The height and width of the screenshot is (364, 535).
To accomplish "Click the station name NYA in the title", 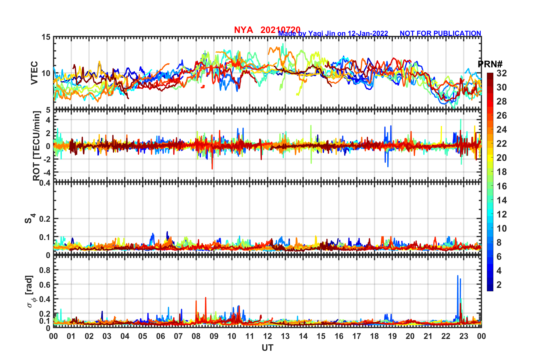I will pyautogui.click(x=243, y=30).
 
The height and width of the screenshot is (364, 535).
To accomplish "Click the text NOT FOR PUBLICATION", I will pyautogui.click(x=440, y=34).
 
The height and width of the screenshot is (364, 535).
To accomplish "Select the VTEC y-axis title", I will pyautogui.click(x=34, y=73).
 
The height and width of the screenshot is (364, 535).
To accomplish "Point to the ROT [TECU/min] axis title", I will pyautogui.click(x=36, y=146).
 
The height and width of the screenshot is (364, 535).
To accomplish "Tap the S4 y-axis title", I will pyautogui.click(x=30, y=219).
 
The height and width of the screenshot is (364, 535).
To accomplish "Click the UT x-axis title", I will pyautogui.click(x=267, y=348).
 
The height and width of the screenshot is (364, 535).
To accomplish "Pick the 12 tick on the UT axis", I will pyautogui.click(x=267, y=336).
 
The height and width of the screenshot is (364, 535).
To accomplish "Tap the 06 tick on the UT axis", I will pyautogui.click(x=160, y=336).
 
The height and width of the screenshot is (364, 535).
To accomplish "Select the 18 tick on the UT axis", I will pyautogui.click(x=374, y=336).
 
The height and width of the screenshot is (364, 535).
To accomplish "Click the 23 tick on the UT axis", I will pyautogui.click(x=464, y=336).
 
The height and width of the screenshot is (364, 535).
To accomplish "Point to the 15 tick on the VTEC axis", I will pyautogui.click(x=46, y=37).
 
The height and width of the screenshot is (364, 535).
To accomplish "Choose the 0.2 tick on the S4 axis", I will pyautogui.click(x=45, y=219).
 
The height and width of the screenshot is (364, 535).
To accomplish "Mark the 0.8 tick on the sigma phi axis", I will pyautogui.click(x=45, y=270).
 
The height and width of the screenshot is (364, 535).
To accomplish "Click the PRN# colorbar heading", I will pyautogui.click(x=490, y=64).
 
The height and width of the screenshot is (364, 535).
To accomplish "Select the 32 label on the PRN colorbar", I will pyautogui.click(x=502, y=73).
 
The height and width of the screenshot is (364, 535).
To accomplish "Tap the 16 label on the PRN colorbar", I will pyautogui.click(x=502, y=186).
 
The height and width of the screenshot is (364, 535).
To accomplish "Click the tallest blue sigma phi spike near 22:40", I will pyautogui.click(x=458, y=276).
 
